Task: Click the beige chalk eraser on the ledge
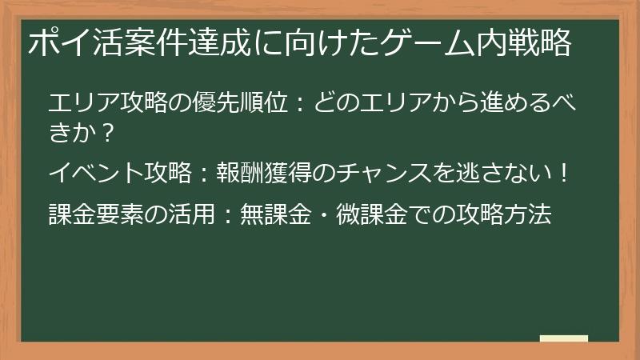(563, 338)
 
